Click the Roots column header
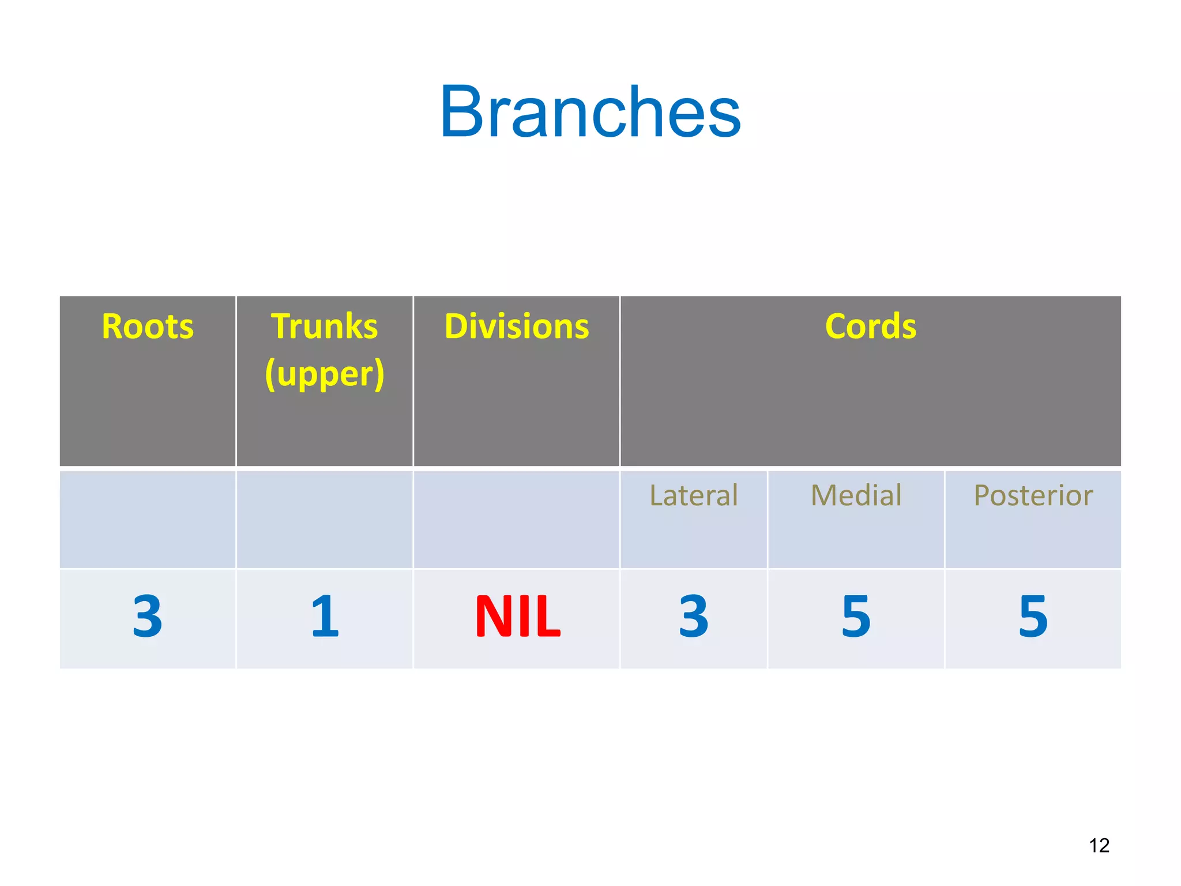pos(148,326)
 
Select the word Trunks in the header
pos(324,326)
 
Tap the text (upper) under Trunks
pos(325,374)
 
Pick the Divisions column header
pos(517,326)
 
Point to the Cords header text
pos(870,326)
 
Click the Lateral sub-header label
pos(693,495)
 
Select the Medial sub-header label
pos(856,495)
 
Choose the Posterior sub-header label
pos(1033,495)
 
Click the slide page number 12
pos(1099,845)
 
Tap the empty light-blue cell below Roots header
pos(148,519)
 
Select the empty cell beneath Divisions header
pos(517,519)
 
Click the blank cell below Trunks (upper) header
pos(324,519)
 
